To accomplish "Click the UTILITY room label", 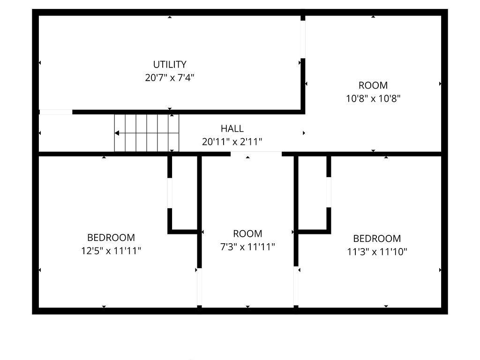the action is (170, 64).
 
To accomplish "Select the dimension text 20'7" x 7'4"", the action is (170, 78).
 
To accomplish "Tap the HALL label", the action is (232, 128).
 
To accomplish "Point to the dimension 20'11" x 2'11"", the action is (232, 142).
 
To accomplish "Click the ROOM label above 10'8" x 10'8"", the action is (373, 85).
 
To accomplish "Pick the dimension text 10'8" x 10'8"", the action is (373, 98).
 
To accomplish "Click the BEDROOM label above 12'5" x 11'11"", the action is (111, 238).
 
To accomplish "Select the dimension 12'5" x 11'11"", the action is (111, 251).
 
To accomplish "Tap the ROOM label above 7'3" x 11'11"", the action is (247, 233).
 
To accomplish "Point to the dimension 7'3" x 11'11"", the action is (247, 247).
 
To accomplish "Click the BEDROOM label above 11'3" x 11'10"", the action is (377, 239).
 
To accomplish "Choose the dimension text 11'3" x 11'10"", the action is (377, 252).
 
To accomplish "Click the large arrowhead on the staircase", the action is (117, 133).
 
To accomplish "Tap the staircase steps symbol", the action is (147, 133).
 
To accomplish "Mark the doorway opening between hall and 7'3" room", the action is (256, 154).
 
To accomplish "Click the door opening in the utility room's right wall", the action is (303, 39).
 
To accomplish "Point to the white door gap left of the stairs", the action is (56, 112).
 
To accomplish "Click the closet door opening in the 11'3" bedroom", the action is (329, 192).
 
